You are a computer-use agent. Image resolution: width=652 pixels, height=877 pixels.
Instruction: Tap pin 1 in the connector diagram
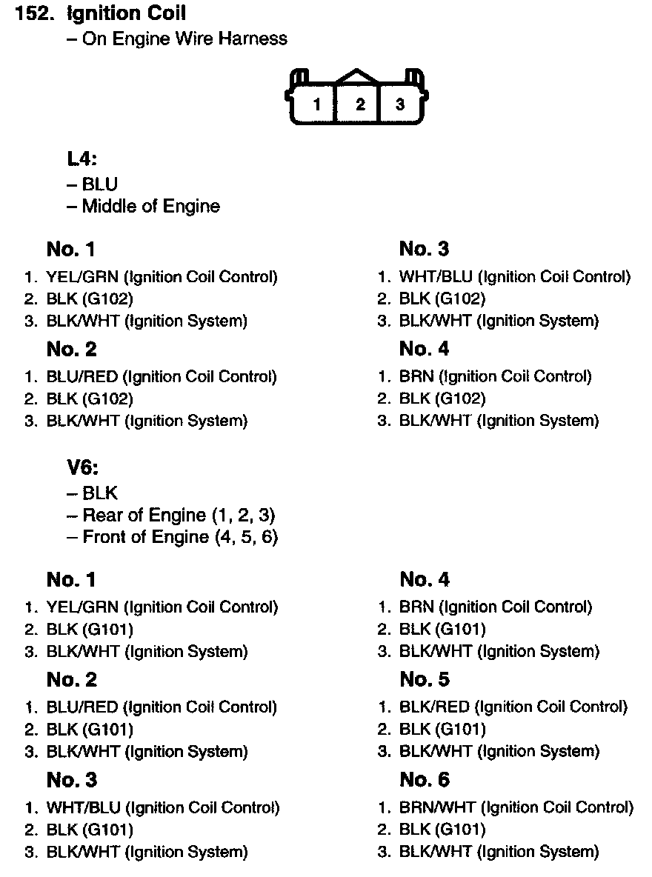317,104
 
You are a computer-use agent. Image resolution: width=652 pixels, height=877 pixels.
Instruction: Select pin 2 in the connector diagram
360,104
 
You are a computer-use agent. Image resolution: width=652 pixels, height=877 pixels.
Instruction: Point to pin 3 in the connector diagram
400,104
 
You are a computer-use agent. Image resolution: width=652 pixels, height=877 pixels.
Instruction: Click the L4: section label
82,159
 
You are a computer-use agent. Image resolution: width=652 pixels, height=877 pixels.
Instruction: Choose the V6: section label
83,468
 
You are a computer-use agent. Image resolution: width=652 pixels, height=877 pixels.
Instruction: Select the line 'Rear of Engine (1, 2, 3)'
178,515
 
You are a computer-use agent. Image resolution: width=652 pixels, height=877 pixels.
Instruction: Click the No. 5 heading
424,680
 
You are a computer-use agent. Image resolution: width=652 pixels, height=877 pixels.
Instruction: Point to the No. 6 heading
424,780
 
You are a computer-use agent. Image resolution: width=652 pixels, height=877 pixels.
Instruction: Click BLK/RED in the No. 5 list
434,707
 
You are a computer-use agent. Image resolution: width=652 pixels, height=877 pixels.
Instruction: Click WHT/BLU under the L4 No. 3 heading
436,277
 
